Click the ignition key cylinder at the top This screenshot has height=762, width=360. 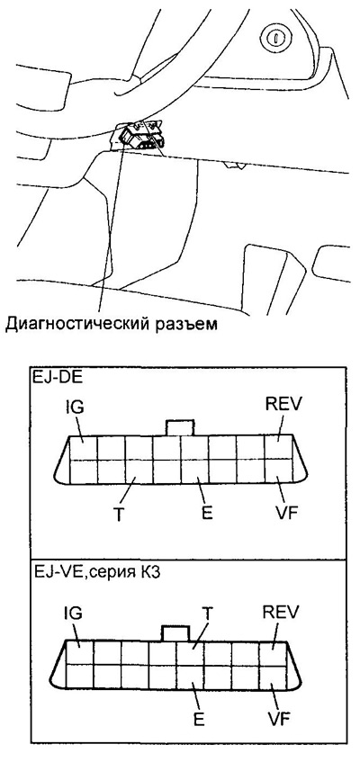click(274, 37)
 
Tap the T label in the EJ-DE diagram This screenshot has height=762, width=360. click(118, 515)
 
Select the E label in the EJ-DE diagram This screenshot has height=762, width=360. click(207, 514)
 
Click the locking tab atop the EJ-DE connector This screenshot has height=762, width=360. click(181, 427)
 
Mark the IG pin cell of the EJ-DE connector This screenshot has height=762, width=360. click(83, 447)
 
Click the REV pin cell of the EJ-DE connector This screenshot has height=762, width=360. click(279, 447)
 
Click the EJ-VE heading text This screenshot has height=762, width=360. click(98, 573)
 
